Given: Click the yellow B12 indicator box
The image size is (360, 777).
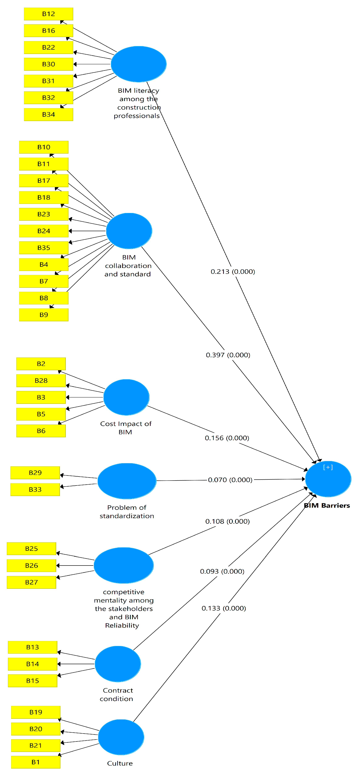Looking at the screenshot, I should coord(48,14).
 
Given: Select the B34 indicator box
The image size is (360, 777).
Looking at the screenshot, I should coord(48,115).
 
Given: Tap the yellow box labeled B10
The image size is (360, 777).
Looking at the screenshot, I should coord(44,147).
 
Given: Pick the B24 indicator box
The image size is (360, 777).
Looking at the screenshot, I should coord(44,231).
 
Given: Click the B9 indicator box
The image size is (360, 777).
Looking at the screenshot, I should coord(44,315).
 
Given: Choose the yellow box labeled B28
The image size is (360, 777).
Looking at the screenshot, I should coord(41,381).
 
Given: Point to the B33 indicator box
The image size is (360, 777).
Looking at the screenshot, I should coord(35,490).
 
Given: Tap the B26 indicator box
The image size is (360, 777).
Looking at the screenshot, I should coord(31,566).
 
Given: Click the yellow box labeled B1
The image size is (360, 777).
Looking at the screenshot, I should coord(36,762).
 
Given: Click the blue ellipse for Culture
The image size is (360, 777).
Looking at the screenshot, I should coord(121,737).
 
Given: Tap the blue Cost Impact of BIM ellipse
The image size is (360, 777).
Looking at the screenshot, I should coord(126,397).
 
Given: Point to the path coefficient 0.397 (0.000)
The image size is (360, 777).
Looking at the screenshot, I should coord(228,355).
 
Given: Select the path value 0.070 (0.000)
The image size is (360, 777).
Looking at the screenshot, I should coord(230,480).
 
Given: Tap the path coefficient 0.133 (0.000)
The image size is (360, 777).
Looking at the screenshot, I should coord(224,608).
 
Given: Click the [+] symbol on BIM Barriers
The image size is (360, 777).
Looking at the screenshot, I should coord(328,467).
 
